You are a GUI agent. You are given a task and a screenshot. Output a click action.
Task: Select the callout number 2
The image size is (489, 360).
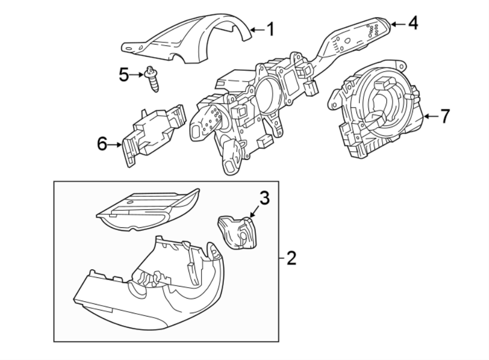pyautogui.click(x=291, y=258)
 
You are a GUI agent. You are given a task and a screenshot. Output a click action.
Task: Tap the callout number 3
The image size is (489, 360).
pyautogui.click(x=264, y=198)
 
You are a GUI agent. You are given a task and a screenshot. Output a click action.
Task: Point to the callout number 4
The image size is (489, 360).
pyautogui.click(x=413, y=23)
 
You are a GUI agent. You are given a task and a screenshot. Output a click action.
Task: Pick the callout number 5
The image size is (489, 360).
pyautogui.click(x=124, y=74)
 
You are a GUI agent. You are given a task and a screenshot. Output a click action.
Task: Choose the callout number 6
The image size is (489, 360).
pyautogui.click(x=102, y=144)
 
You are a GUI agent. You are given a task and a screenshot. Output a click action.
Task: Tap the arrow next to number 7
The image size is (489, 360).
pyautogui.click(x=432, y=116)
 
